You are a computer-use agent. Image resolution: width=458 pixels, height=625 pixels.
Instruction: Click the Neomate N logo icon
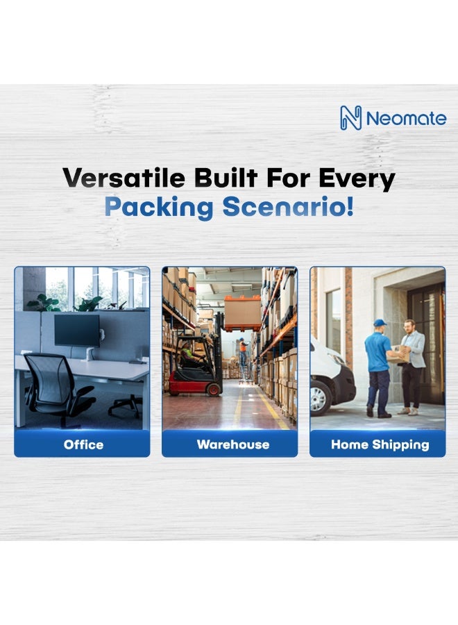(x=350, y=118)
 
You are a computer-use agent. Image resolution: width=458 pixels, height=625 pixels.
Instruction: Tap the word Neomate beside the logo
(x=406, y=118)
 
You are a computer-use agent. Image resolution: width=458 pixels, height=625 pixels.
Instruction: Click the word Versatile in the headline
(x=124, y=178)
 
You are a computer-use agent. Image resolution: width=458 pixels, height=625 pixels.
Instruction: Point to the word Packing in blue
(x=158, y=207)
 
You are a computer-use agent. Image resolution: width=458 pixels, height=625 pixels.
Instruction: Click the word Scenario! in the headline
(x=287, y=206)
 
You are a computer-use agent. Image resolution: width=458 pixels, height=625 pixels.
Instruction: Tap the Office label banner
(x=82, y=444)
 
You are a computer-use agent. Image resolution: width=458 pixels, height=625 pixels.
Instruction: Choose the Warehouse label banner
(x=230, y=444)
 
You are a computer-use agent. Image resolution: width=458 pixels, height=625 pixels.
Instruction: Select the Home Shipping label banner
(x=378, y=444)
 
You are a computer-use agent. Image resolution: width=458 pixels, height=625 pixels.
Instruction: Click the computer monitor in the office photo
(x=77, y=330)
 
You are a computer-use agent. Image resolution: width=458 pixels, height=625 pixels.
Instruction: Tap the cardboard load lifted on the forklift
(x=243, y=314)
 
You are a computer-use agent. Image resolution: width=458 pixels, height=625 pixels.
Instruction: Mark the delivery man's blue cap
(x=380, y=322)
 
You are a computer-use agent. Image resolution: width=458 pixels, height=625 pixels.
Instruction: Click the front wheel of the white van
(x=319, y=397)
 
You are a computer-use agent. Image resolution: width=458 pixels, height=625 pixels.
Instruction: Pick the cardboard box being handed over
(x=398, y=353)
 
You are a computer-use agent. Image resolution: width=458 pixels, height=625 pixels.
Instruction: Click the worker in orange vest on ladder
(x=243, y=351)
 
